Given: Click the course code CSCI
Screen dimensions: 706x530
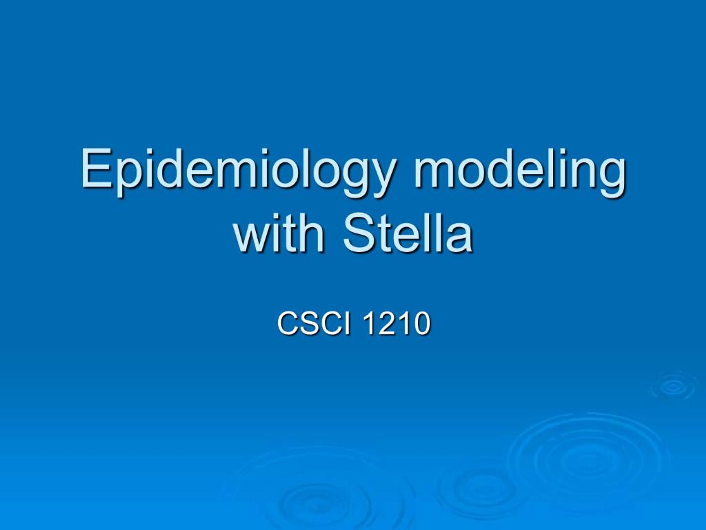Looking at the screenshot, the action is pos(314,324).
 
